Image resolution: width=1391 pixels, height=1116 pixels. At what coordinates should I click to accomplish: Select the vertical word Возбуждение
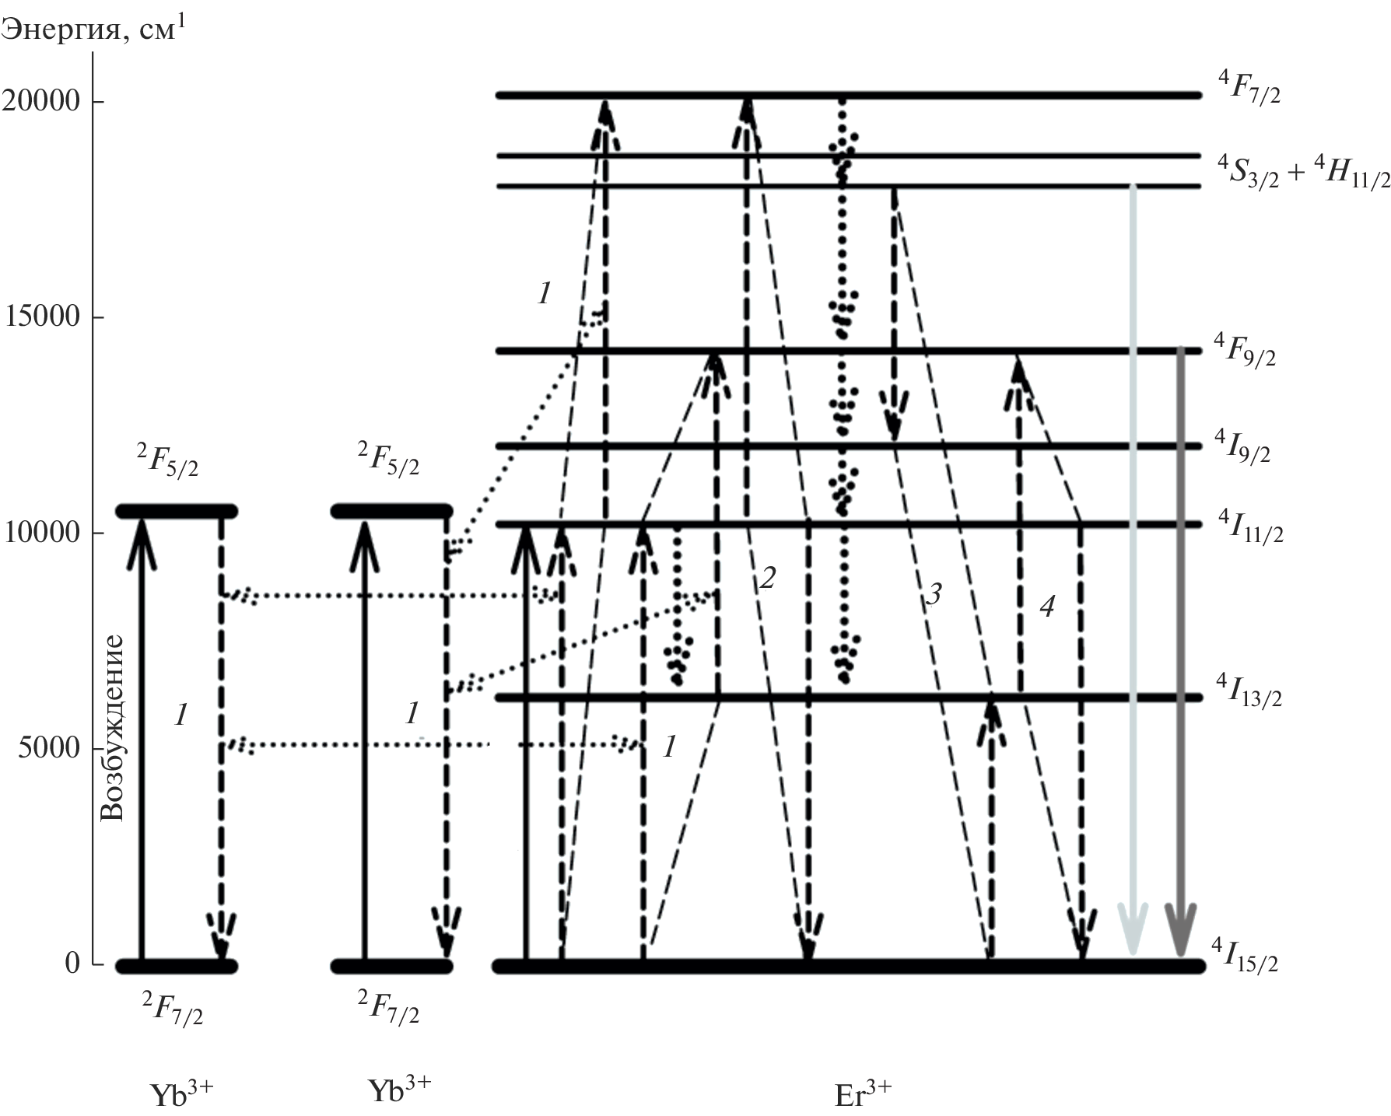(114, 727)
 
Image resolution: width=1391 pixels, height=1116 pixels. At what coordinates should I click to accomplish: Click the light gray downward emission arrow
(1133, 544)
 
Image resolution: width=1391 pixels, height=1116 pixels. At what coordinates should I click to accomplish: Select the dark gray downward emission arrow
(1180, 622)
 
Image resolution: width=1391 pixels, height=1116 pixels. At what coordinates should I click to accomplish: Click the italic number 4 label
(1047, 606)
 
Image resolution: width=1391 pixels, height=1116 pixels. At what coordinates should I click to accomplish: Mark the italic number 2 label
(768, 577)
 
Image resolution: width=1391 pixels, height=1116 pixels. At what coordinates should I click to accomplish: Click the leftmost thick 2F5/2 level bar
(177, 511)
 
